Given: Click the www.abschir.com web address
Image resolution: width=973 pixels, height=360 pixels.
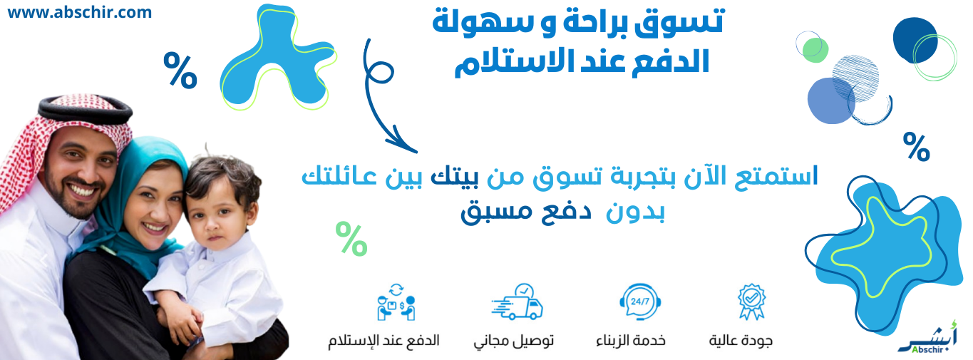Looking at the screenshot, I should coord(80,12).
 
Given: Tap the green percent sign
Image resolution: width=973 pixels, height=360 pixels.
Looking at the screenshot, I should coord(351,239).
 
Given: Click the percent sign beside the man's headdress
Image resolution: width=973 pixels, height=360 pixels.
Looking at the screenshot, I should coord(180,69).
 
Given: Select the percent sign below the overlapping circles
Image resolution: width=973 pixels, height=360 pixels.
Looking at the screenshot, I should coord(916,147).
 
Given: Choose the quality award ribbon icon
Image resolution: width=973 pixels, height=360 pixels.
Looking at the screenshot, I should coord(751,302).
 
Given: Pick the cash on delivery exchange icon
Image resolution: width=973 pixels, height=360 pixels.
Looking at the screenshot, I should coord(396,302).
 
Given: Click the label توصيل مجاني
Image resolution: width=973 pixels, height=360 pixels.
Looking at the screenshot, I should coord(514,340).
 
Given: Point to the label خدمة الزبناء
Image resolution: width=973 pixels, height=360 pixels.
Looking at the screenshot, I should coord(631,340).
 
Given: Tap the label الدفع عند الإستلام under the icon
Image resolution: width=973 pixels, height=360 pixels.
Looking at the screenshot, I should coord(383,340).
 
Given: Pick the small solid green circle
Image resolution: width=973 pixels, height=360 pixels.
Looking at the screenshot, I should coord(815,48).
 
